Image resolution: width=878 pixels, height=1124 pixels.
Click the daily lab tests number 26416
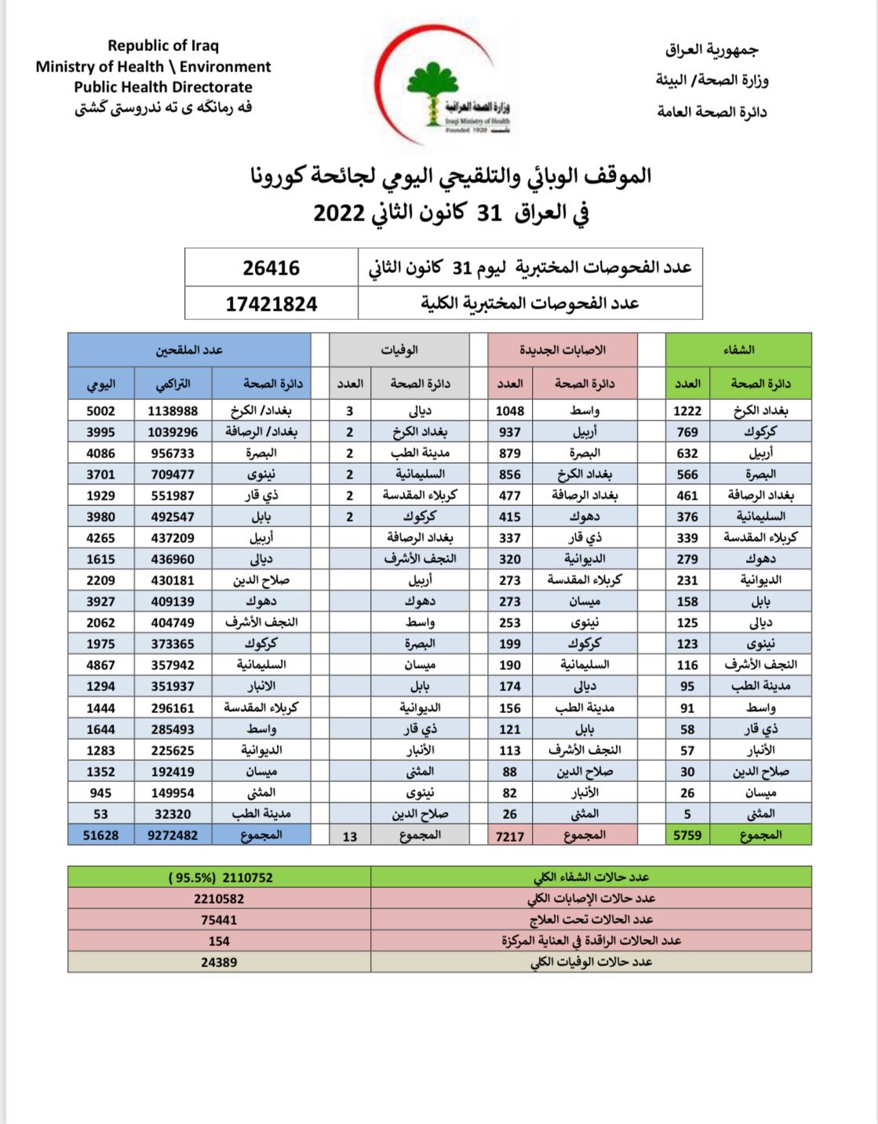pyautogui.click(x=271, y=268)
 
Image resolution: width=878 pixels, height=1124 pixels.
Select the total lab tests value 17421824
pyautogui.click(x=271, y=304)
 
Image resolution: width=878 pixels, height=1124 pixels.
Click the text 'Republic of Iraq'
pyautogui.click(x=163, y=45)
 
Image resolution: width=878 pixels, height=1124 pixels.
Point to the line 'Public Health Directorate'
pyautogui.click(x=163, y=87)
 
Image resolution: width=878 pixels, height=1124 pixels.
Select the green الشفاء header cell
pyautogui.click(x=738, y=350)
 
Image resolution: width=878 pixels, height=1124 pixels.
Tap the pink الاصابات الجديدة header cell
pyautogui.click(x=563, y=350)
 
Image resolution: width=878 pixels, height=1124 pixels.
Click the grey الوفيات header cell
pyautogui.click(x=399, y=350)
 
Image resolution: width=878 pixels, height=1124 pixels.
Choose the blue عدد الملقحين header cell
pyautogui.click(x=189, y=350)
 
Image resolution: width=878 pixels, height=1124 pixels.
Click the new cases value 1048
pyautogui.click(x=510, y=411)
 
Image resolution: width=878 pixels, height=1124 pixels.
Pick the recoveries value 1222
pyautogui.click(x=687, y=411)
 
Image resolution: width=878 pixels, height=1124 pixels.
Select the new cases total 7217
pyautogui.click(x=510, y=836)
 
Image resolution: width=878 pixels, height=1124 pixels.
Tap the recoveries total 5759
pyautogui.click(x=687, y=835)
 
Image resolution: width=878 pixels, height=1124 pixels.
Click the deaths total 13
pyautogui.click(x=350, y=836)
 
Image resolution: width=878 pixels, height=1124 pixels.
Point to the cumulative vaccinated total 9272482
pyautogui.click(x=173, y=835)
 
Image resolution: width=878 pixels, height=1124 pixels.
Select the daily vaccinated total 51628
pyautogui.click(x=100, y=835)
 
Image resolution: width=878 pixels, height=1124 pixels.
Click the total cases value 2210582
pyautogui.click(x=219, y=899)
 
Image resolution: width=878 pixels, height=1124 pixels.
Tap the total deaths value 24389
pyautogui.click(x=219, y=962)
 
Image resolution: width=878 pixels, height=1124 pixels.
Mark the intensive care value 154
pyautogui.click(x=219, y=941)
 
